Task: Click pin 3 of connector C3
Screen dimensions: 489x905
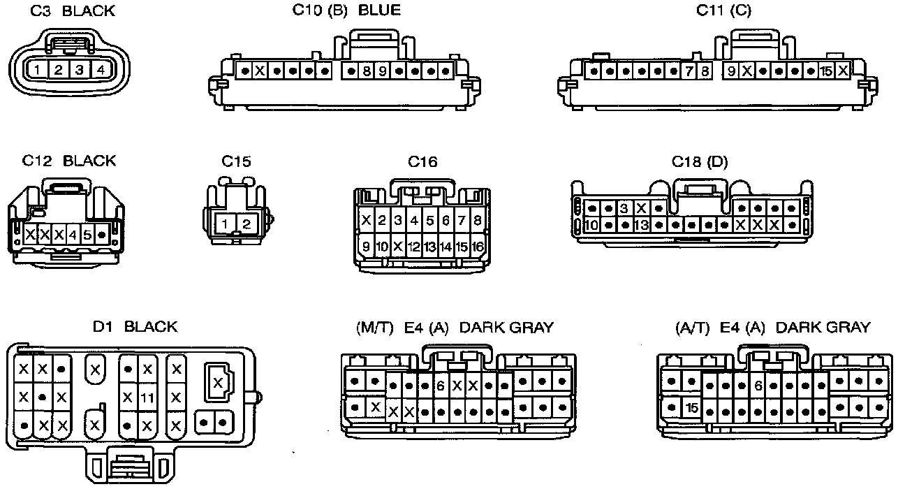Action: (80, 70)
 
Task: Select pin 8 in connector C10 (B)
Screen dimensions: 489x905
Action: (367, 71)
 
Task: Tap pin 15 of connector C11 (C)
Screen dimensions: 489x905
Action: (827, 71)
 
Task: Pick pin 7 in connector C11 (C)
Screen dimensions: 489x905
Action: (689, 71)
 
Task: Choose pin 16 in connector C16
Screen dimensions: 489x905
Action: (478, 247)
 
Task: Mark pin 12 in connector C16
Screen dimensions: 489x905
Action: (414, 247)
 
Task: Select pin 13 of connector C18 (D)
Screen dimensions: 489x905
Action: (642, 226)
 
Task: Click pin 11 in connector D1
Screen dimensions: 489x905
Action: (147, 397)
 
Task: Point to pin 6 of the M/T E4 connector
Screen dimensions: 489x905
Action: (440, 386)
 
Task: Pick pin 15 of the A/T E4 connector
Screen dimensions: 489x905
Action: (692, 407)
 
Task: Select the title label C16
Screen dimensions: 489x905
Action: (422, 162)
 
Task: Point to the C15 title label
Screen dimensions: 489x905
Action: (236, 162)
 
